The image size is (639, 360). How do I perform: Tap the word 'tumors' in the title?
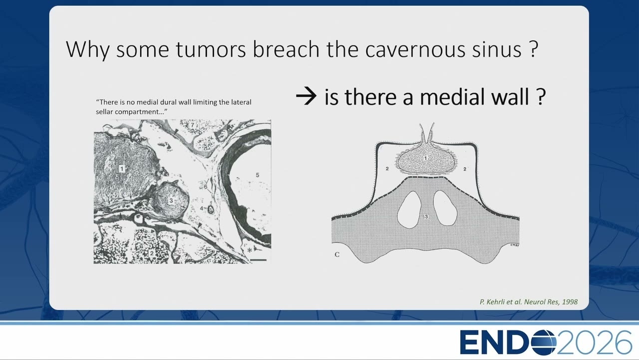pyautogui.click(x=211, y=49)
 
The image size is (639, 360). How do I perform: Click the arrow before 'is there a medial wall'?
pyautogui.click(x=306, y=96)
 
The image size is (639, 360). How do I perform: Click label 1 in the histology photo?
pyautogui.click(x=122, y=169)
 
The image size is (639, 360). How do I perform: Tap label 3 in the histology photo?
pyautogui.click(x=171, y=200)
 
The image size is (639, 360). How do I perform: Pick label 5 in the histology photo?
pyautogui.click(x=257, y=175)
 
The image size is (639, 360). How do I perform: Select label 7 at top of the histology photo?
pyautogui.click(x=193, y=125)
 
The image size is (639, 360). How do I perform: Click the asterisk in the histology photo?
pyautogui.click(x=250, y=250)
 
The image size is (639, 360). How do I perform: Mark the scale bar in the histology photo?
pyautogui.click(x=259, y=260)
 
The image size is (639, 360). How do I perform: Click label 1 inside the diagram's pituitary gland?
pyautogui.click(x=425, y=158)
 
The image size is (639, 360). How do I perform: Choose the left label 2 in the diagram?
pyautogui.click(x=387, y=169)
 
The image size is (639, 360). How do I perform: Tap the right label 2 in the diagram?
pyautogui.click(x=465, y=169)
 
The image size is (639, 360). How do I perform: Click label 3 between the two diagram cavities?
pyautogui.click(x=426, y=217)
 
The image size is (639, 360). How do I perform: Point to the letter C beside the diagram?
pyautogui.click(x=337, y=254)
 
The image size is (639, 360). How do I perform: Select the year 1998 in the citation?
pyautogui.click(x=570, y=301)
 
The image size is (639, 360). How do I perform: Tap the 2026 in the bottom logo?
pyautogui.click(x=595, y=342)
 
